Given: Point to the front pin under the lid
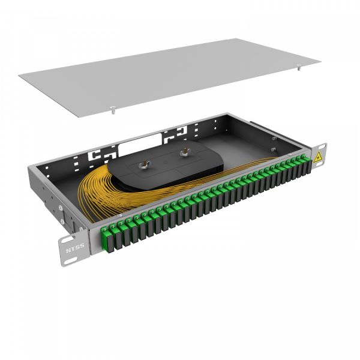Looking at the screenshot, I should (x=112, y=110).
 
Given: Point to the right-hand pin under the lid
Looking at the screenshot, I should (x=298, y=68).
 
